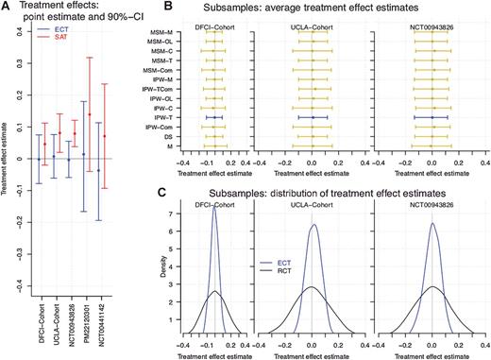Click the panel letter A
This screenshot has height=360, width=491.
pos(7,7)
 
